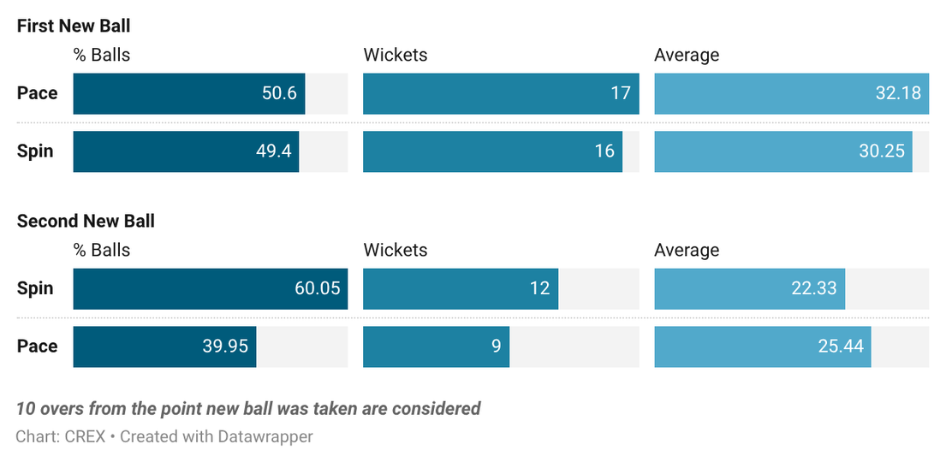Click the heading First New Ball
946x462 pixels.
(74, 26)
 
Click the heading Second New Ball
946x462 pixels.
(86, 222)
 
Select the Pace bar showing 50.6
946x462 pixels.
(189, 93)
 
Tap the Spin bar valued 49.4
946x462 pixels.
(186, 151)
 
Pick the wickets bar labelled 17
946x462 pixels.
(501, 93)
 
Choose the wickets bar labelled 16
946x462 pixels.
(492, 151)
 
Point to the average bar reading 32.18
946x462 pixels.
(792, 93)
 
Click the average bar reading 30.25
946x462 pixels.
(783, 151)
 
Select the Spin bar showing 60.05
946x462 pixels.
(211, 289)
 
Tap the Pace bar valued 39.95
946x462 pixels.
(164, 346)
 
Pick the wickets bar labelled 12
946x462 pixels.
(461, 289)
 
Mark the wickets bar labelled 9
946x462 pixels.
(437, 346)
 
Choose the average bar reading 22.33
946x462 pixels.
(749, 289)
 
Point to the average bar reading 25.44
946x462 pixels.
(763, 346)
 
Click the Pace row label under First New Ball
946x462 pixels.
(38, 93)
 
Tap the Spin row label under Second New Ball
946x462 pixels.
(35, 288)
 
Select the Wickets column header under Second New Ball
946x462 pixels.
(396, 250)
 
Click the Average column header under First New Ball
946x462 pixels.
(687, 56)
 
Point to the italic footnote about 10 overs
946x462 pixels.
(248, 409)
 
